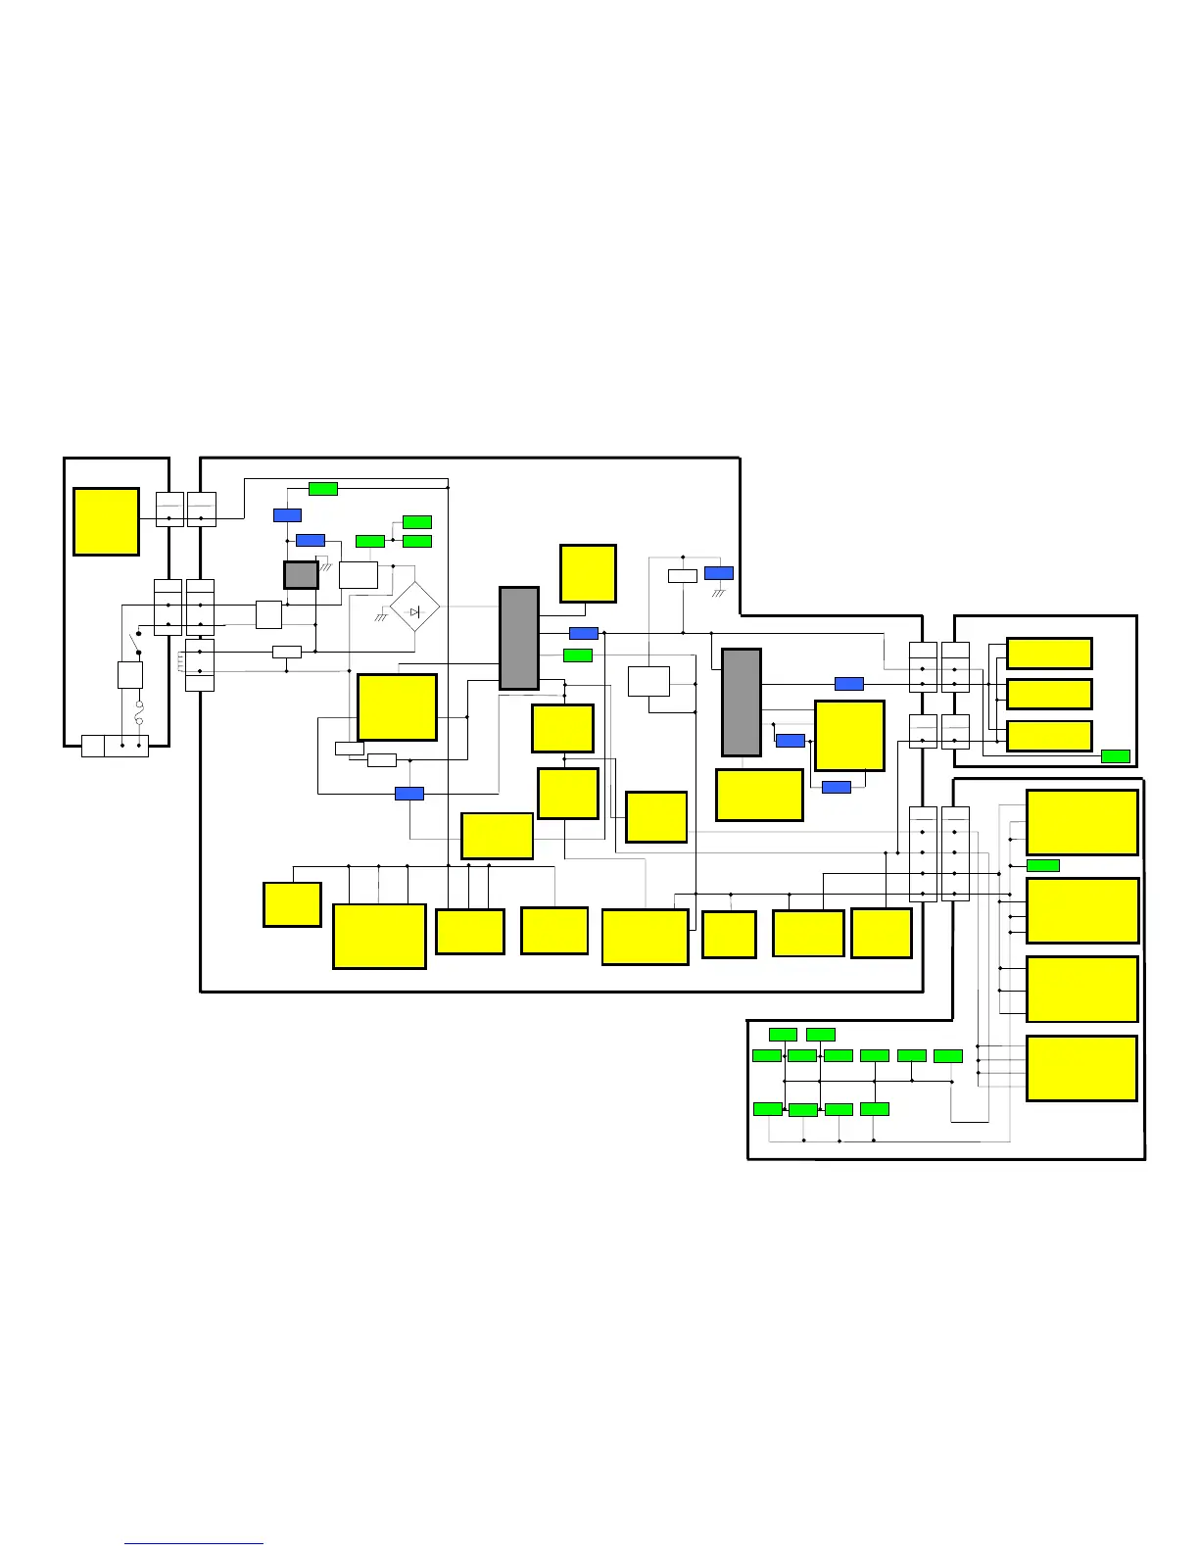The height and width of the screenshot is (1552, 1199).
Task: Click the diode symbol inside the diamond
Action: (414, 611)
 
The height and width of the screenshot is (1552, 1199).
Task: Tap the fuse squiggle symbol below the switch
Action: (139, 713)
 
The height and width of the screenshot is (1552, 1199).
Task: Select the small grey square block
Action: (301, 575)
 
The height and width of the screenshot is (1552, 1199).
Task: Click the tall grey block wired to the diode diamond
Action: (519, 639)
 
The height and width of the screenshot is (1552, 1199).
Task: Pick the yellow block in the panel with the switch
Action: (106, 521)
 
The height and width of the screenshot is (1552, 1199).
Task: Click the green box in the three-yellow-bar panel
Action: (1116, 755)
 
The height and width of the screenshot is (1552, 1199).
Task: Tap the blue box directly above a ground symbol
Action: (718, 573)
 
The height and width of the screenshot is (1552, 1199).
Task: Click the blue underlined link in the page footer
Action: (194, 1543)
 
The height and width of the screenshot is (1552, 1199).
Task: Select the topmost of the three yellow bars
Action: (1049, 654)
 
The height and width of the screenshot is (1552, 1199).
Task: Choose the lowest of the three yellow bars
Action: (1049, 736)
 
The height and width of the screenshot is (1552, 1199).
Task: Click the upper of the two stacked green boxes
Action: (417, 522)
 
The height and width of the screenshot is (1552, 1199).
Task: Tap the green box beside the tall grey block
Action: (578, 655)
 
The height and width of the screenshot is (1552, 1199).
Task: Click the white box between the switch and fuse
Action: (130, 675)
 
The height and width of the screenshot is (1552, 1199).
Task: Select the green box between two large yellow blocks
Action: (1042, 865)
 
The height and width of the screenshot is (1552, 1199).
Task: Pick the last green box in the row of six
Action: (948, 1055)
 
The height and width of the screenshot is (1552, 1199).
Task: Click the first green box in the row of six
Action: (767, 1055)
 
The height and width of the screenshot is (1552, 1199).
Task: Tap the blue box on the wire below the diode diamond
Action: (409, 794)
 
